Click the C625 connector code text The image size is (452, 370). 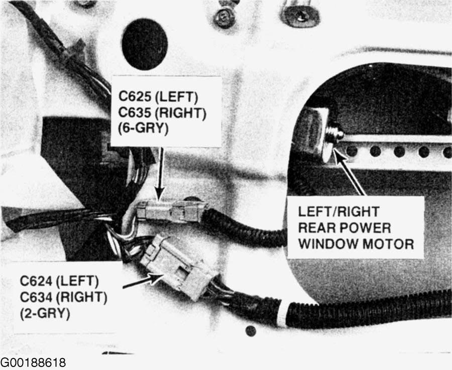coord(134,96)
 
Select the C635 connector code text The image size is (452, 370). coord(134,112)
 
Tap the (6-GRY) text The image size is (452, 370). coord(143,128)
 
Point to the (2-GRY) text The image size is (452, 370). coord(45,313)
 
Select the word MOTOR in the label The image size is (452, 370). coord(388,244)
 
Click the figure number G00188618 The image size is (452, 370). coord(33,362)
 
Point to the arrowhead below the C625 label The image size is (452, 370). coord(159,193)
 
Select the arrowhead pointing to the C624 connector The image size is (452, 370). coord(156,278)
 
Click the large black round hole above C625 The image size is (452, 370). coord(145,44)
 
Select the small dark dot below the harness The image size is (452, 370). coord(251,330)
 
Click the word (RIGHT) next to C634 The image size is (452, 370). coord(81,298)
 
